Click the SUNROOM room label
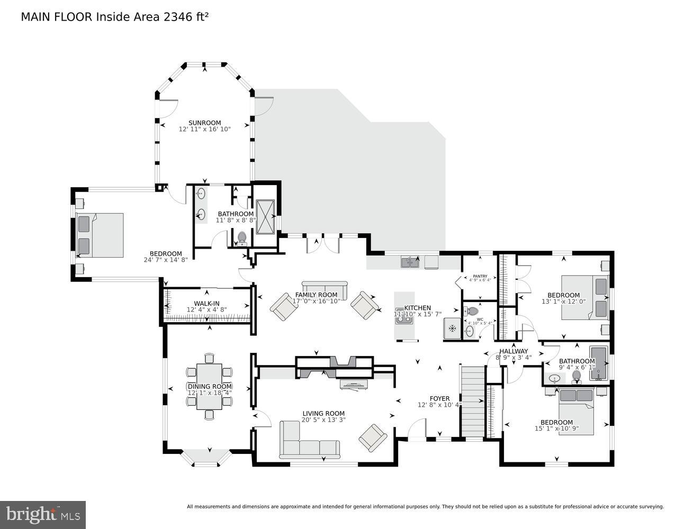pyautogui.click(x=204, y=123)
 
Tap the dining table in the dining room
pyautogui.click(x=210, y=387)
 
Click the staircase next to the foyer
pyautogui.click(x=473, y=401)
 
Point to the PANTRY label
pyautogui.click(x=480, y=276)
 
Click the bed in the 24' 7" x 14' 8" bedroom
pyautogui.click(x=100, y=235)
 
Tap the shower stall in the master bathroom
pyautogui.click(x=265, y=216)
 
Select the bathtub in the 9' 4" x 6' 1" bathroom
pyautogui.click(x=599, y=363)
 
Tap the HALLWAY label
pyautogui.click(x=513, y=351)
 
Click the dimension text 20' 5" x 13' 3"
pyautogui.click(x=323, y=421)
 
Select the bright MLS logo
pyautogui.click(x=43, y=515)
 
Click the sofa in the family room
pyautogui.click(x=324, y=291)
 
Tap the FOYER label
pyautogui.click(x=439, y=398)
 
